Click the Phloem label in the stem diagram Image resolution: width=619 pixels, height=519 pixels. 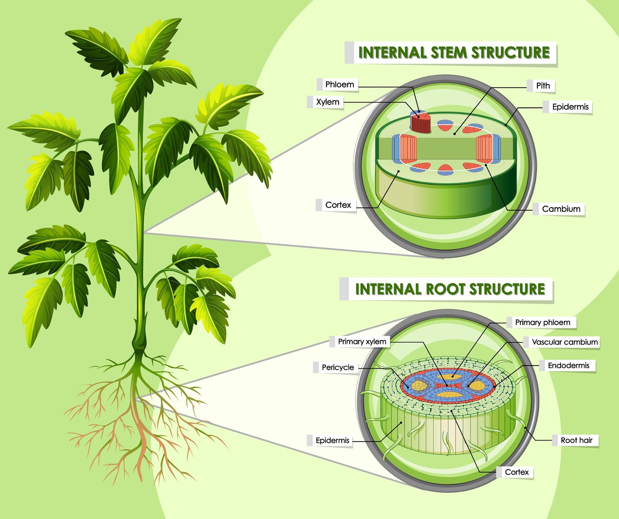tap(339, 85)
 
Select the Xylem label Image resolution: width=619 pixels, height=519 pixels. tap(327, 102)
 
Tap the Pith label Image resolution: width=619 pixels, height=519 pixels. tap(542, 86)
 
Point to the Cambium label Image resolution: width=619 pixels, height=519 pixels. tap(561, 209)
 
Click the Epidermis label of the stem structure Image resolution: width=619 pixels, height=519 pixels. tap(570, 107)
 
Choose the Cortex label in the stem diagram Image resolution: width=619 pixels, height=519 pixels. tap(338, 205)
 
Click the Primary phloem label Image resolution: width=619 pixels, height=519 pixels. tap(542, 322)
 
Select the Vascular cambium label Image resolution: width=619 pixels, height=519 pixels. tap(564, 342)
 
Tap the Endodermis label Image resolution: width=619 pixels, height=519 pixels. tap(568, 366)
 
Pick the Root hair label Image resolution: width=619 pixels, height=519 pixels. tap(576, 440)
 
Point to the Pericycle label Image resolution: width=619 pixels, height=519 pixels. tap(337, 368)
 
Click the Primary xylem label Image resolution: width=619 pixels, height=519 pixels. tap(362, 342)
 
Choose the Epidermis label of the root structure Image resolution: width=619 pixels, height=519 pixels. tap(332, 441)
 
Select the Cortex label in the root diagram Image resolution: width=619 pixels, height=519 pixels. tap(516, 472)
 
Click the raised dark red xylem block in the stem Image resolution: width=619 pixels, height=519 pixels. tap(421, 123)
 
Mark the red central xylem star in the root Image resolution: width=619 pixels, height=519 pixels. tap(447, 385)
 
